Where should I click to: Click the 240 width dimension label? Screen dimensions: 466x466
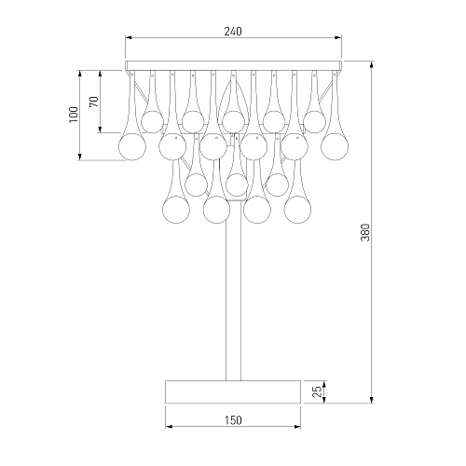click(233, 32)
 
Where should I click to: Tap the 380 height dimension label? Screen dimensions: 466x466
click(365, 232)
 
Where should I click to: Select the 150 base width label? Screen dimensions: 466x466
click(233, 420)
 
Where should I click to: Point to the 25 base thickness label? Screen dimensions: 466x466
click(318, 392)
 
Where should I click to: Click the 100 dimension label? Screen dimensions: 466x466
click(74, 115)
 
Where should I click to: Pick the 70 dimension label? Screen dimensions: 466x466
click(94, 102)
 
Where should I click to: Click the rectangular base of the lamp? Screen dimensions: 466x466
click(233, 391)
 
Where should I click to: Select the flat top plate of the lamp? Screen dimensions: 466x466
click(233, 65)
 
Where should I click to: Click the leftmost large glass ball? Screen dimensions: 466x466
click(132, 147)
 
